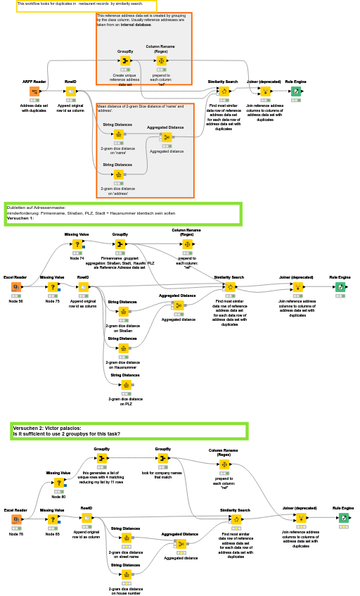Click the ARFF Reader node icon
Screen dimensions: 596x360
pos(34,91)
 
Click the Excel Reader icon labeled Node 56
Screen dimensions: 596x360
pos(15,287)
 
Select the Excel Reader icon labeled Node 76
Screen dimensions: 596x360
pos(15,519)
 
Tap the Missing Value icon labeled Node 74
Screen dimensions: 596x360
pos(77,244)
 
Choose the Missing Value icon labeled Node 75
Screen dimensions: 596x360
pos(52,287)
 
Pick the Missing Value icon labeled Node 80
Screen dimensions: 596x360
pos(58,482)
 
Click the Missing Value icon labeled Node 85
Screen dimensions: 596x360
pos(52,519)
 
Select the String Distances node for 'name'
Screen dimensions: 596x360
pos(118,134)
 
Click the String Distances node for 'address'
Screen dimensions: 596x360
pos(118,175)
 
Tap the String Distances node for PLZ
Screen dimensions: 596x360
pos(127,385)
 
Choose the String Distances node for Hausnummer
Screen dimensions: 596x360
pos(124,348)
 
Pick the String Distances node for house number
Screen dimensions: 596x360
pos(127,574)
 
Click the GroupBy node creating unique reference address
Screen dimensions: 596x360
pos(125,61)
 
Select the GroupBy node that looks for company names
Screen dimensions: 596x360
pos(162,458)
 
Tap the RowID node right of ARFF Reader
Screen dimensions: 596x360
pos(70,91)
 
